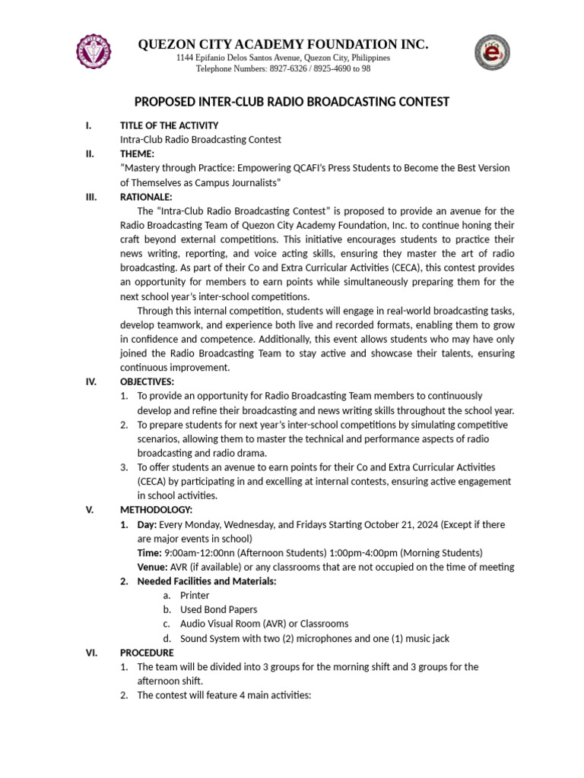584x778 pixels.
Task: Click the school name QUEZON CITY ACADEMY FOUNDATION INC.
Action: pyautogui.click(x=283, y=45)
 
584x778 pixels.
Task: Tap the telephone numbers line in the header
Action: pyautogui.click(x=283, y=68)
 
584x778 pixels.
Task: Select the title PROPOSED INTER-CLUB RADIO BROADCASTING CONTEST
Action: pyautogui.click(x=292, y=102)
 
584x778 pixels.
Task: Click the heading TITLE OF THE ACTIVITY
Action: pyautogui.click(x=169, y=125)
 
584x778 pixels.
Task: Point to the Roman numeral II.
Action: pyautogui.click(x=90, y=153)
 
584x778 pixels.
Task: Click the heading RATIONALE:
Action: pyautogui.click(x=146, y=197)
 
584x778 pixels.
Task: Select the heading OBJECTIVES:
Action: pyautogui.click(x=147, y=381)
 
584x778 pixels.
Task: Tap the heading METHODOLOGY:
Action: pyautogui.click(x=156, y=510)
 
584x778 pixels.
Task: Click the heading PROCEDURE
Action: pyautogui.click(x=147, y=653)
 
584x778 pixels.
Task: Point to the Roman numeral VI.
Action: pyautogui.click(x=90, y=653)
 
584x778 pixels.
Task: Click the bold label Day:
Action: pyautogui.click(x=147, y=524)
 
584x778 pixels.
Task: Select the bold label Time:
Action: pyautogui.click(x=149, y=552)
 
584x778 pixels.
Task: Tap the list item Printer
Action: pyautogui.click(x=195, y=596)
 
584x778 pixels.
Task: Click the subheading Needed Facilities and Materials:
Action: pyautogui.click(x=206, y=581)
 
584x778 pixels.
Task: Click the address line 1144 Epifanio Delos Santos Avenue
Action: pyautogui.click(x=283, y=58)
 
